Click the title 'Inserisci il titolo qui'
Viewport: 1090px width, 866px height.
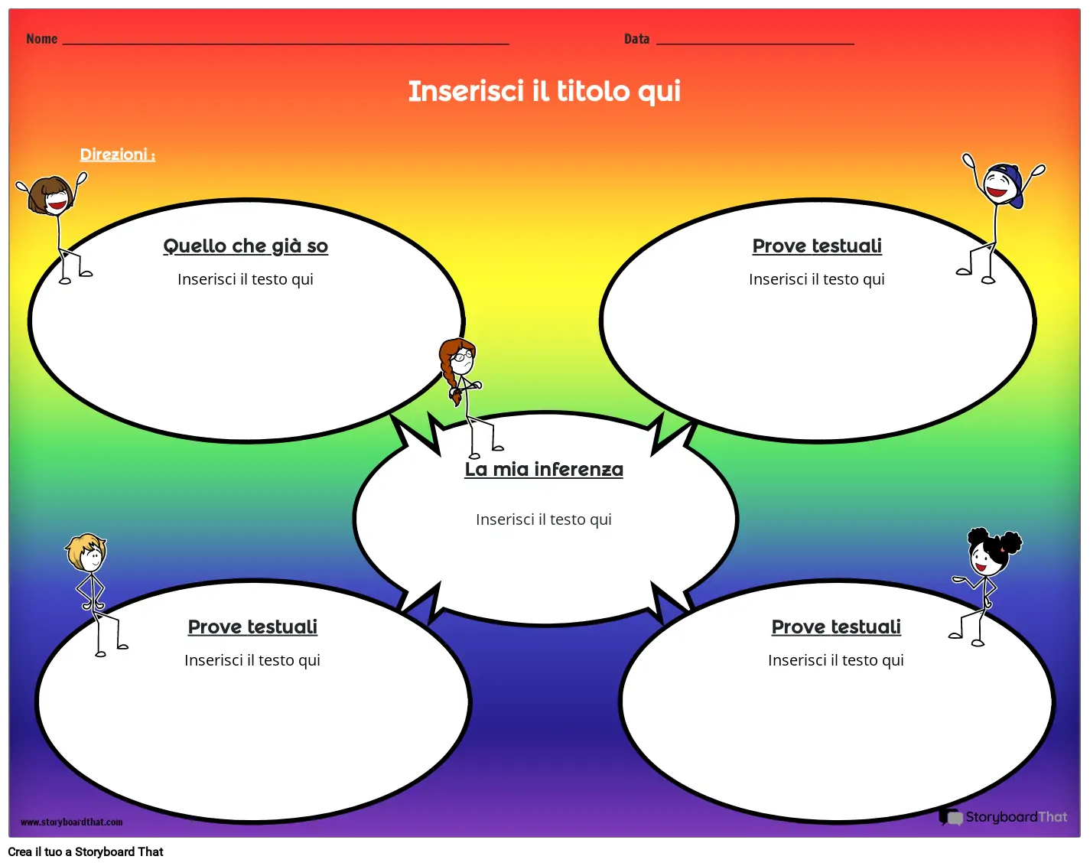(x=544, y=91)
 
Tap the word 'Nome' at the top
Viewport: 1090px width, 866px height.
(x=41, y=39)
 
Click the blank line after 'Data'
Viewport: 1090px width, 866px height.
(x=755, y=43)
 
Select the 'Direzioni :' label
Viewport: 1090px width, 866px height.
(x=118, y=155)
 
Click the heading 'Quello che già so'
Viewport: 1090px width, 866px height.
(x=246, y=246)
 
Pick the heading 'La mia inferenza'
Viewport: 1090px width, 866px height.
(x=544, y=469)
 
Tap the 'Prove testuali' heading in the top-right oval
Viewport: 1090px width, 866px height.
(x=817, y=246)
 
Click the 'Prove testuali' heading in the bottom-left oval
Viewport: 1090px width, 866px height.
(x=252, y=627)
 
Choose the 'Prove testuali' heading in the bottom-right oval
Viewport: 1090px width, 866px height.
(x=836, y=627)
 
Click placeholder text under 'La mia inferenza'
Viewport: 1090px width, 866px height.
(x=544, y=519)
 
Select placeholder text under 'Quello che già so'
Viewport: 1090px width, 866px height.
(x=246, y=279)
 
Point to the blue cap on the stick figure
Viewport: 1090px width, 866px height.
(x=1010, y=181)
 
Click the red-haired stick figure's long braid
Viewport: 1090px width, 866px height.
(x=450, y=379)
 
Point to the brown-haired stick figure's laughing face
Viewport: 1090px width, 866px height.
(x=55, y=200)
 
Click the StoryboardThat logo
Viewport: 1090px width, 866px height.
(x=1003, y=817)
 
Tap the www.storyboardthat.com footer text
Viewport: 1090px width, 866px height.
(x=71, y=822)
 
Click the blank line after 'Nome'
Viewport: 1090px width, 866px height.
(x=285, y=44)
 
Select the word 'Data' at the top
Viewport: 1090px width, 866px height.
(x=636, y=39)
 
